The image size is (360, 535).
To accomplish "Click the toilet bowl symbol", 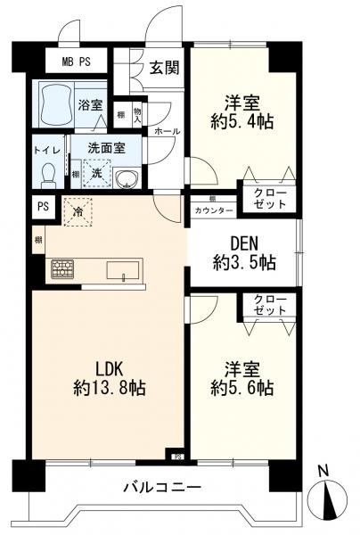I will (x=50, y=169).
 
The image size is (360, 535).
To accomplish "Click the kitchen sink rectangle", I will (x=122, y=268).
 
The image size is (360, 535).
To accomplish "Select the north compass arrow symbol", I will (x=329, y=499).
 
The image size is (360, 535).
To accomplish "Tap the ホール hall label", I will (x=167, y=131).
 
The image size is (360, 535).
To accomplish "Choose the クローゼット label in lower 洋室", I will (x=269, y=305).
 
